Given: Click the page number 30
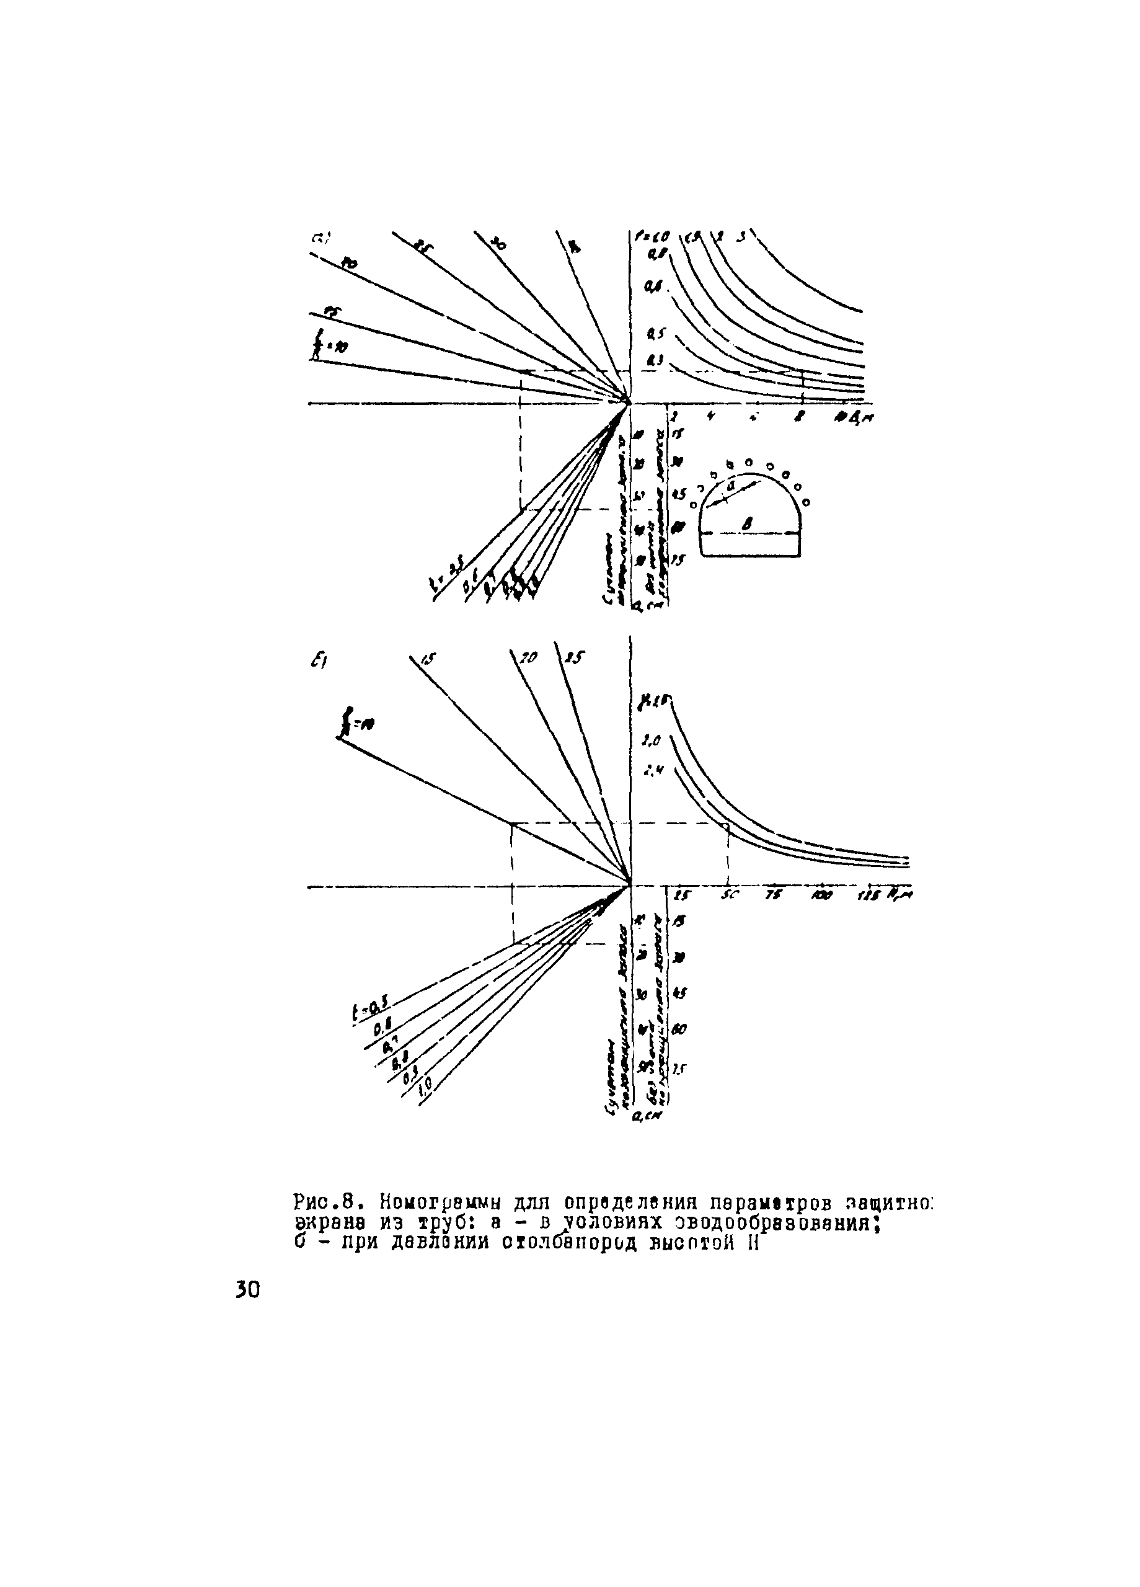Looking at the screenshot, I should [247, 1289].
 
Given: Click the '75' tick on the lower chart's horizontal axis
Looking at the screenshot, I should [773, 896].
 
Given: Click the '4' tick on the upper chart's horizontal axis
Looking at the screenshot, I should [711, 416].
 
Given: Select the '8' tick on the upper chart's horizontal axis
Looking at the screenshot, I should [801, 416].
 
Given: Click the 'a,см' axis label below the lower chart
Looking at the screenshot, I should [645, 1118].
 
